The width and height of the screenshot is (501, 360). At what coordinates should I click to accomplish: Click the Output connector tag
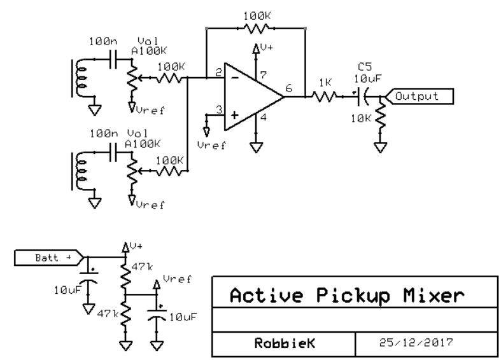pos(420,97)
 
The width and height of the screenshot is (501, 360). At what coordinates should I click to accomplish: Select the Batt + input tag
pos(49,258)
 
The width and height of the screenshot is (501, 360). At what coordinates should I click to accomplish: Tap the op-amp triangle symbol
pos(254,97)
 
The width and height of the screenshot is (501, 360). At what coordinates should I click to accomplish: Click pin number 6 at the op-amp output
pos(289,88)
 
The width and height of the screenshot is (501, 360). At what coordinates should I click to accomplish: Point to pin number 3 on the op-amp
pos(219,109)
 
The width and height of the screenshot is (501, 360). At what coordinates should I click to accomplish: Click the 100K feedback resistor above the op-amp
pos(257,29)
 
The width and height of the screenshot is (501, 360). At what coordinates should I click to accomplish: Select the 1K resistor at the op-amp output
pos(324,97)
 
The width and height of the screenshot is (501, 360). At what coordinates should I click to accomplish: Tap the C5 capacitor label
pos(365,67)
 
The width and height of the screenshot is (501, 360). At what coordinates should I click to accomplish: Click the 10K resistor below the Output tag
pos(380,116)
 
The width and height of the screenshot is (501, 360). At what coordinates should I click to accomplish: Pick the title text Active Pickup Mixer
pos(347,295)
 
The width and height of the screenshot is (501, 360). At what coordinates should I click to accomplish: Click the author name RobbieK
pos(285,343)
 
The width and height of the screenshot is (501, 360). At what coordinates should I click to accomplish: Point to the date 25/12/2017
pos(416,342)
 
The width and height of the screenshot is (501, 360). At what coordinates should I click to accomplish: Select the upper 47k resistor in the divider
pos(125,275)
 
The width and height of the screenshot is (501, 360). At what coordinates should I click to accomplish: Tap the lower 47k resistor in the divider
pos(125,314)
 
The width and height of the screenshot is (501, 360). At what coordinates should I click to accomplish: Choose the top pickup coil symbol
pos(79,78)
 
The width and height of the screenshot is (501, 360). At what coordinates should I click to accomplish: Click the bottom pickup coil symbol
pos(79,171)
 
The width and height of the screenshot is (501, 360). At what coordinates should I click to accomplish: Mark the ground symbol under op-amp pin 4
pos(256,148)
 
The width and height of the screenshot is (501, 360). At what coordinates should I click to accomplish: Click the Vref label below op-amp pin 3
pos(211,146)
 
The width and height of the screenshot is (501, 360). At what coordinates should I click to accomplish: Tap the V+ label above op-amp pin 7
pos(267,47)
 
